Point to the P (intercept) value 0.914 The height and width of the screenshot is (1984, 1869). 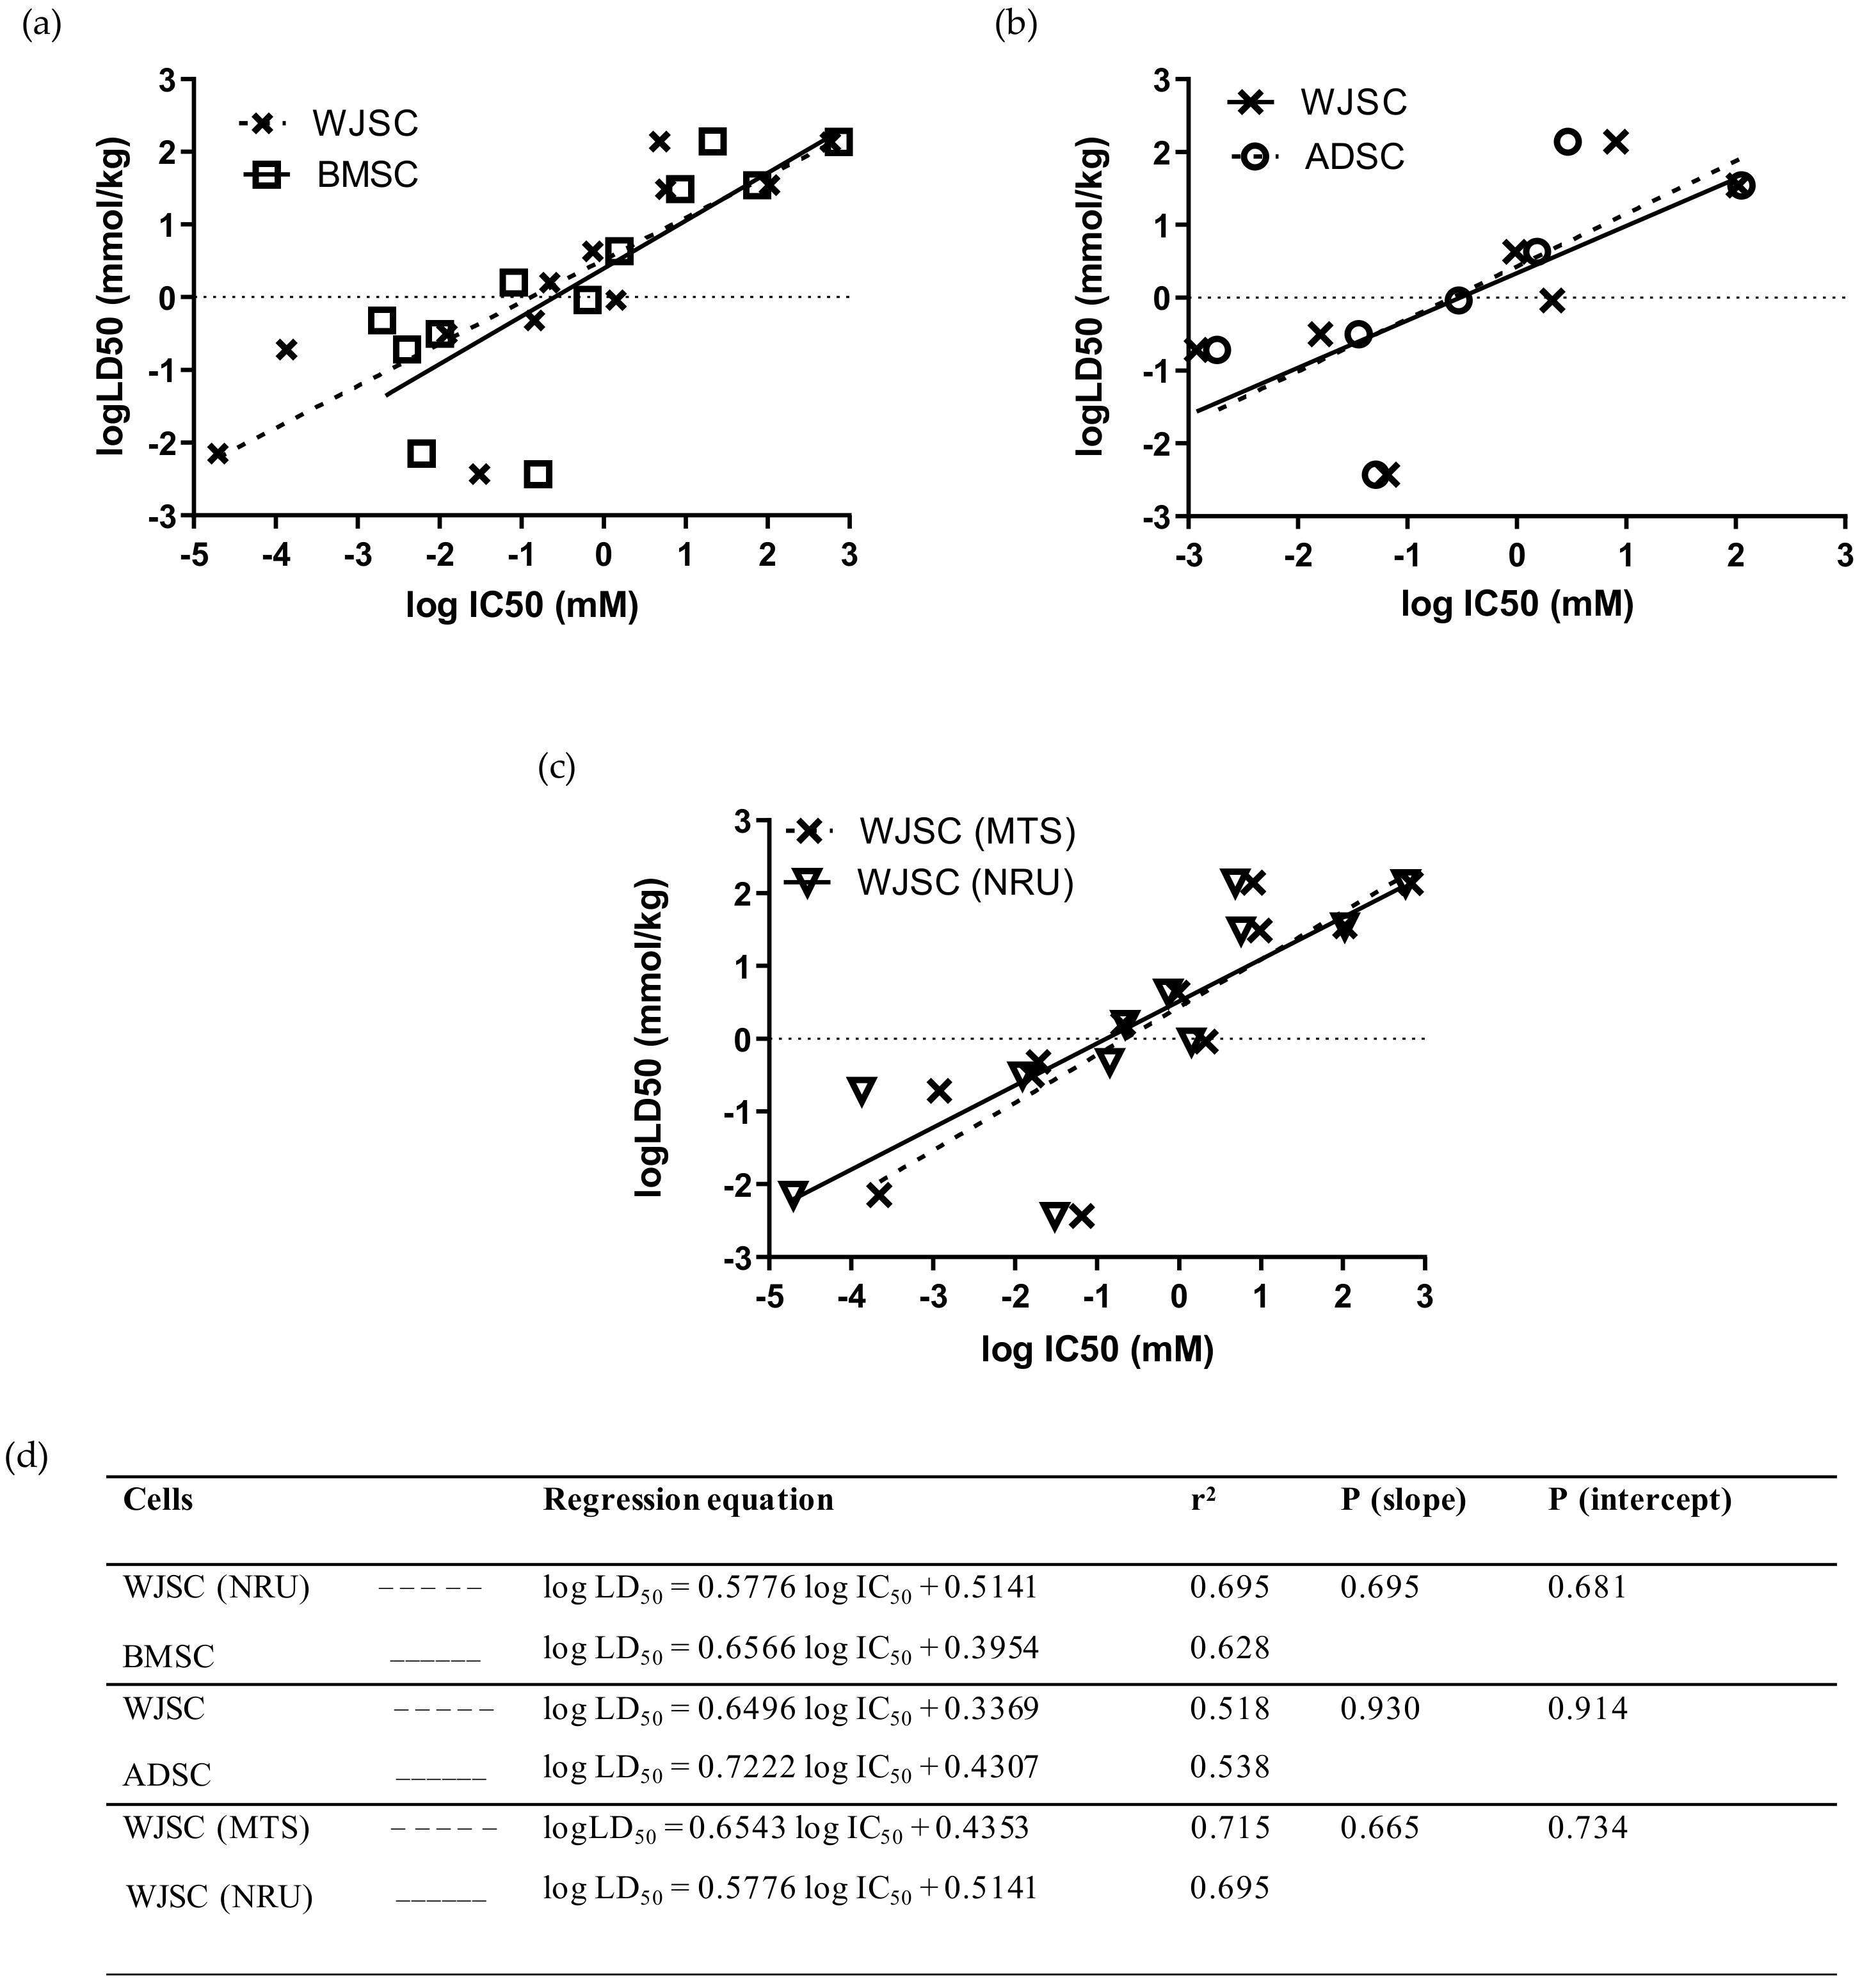(1587, 1709)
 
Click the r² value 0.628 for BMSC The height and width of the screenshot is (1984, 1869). (1230, 1647)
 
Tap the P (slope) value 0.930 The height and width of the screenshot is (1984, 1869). (1379, 1709)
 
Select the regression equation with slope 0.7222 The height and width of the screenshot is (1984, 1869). (790, 1768)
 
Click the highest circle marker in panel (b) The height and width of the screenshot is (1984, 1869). (1567, 141)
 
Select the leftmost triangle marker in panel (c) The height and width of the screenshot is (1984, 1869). (793, 1195)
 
